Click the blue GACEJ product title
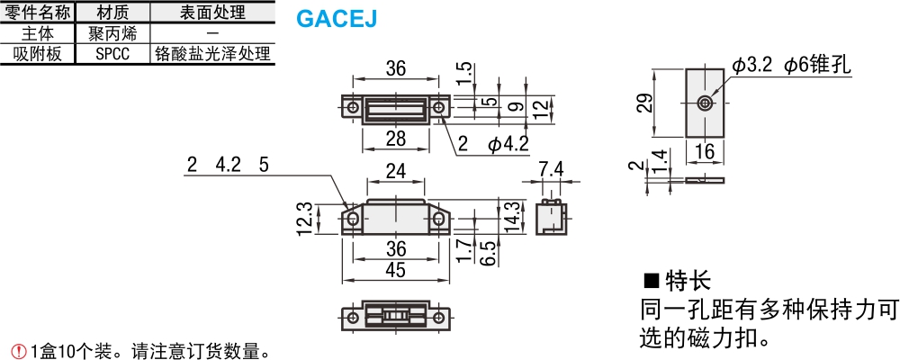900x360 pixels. click(x=337, y=19)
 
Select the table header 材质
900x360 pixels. click(x=112, y=12)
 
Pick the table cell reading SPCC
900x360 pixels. click(x=112, y=54)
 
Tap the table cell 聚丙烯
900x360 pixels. click(x=112, y=32)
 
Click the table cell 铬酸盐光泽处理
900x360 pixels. click(x=211, y=54)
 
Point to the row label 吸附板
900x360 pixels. click(x=37, y=54)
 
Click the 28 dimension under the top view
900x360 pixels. click(x=396, y=138)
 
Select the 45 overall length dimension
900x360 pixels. click(x=396, y=269)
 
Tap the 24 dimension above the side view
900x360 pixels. click(x=396, y=170)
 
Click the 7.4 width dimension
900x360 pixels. click(x=552, y=170)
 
